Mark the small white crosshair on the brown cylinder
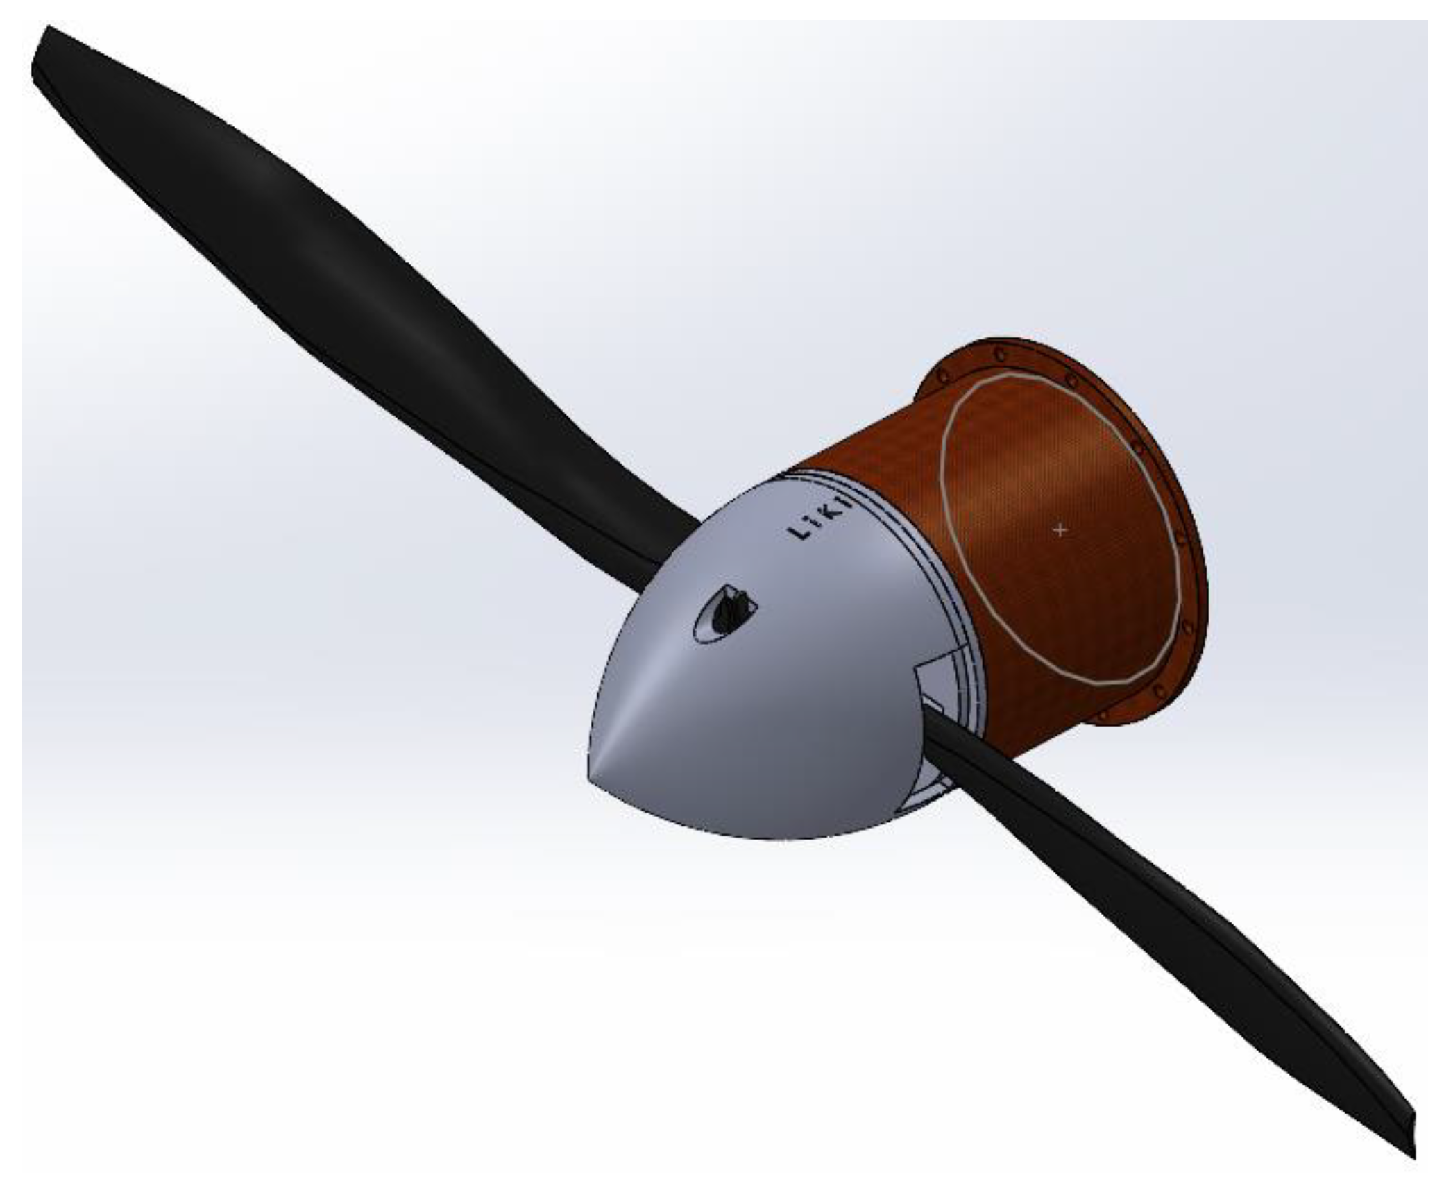coord(1060,529)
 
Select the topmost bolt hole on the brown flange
coord(999,355)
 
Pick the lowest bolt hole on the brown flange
coord(1103,714)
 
